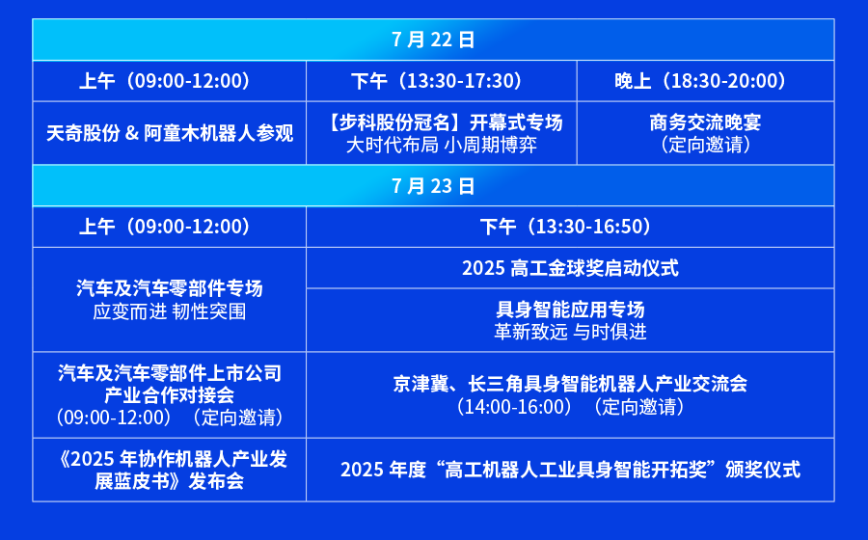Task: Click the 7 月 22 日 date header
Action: (433, 40)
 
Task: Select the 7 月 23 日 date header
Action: (433, 186)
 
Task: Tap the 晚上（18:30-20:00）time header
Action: (705, 81)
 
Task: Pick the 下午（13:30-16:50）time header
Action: (570, 227)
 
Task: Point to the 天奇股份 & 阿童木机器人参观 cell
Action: (170, 133)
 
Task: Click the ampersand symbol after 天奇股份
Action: (132, 133)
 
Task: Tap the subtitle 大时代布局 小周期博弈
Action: (441, 145)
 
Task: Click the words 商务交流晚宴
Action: (705, 122)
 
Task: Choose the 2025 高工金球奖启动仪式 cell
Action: (570, 268)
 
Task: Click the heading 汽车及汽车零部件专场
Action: (170, 288)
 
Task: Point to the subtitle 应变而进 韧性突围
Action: (170, 311)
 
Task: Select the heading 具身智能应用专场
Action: (570, 309)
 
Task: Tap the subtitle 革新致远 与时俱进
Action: (570, 332)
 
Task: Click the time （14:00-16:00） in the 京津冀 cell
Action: (513, 407)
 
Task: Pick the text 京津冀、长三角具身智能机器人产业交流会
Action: (570, 384)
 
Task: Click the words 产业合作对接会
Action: (170, 395)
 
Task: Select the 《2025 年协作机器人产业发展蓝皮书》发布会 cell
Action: (170, 471)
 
